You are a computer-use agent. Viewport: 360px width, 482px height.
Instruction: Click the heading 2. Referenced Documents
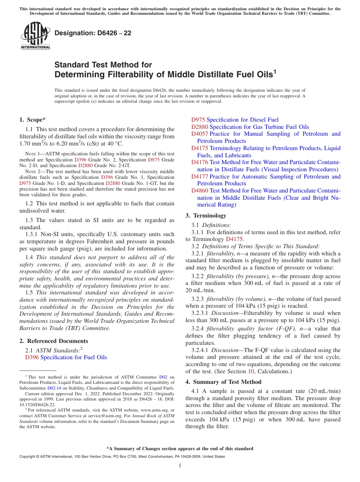(x=54, y=341)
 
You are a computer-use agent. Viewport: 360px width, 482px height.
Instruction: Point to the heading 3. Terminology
(x=206, y=216)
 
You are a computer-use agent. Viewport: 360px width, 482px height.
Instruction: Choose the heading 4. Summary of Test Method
(x=223, y=382)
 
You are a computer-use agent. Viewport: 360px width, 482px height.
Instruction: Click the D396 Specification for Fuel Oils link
(x=66, y=357)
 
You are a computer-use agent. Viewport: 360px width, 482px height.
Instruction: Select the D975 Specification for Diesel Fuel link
(x=235, y=120)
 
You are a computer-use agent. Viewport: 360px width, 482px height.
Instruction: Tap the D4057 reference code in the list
(x=200, y=134)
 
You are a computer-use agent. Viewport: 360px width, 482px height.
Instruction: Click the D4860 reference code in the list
(x=200, y=191)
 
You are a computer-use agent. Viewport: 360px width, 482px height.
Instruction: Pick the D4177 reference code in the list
(x=200, y=177)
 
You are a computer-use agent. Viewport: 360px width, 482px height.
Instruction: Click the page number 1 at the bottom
(x=180, y=466)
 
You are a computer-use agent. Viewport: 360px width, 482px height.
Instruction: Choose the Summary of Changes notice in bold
(x=180, y=449)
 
